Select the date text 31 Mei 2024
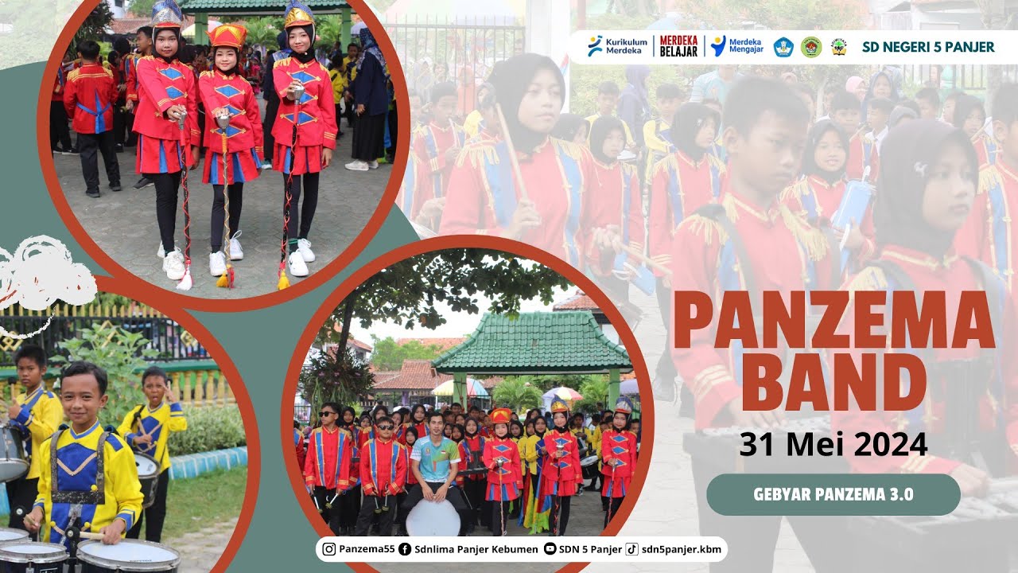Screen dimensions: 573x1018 coord(832,443)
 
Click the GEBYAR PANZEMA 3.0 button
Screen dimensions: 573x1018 coord(833,494)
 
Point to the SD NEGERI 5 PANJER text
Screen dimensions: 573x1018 coord(928,47)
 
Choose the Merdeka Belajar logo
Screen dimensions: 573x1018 coord(678,46)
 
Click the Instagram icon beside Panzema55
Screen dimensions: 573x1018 coord(328,548)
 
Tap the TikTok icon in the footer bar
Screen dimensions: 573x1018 coord(631,548)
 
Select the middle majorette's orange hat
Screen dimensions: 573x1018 coord(227,35)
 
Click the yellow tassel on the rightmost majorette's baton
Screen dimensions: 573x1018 coord(283,279)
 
